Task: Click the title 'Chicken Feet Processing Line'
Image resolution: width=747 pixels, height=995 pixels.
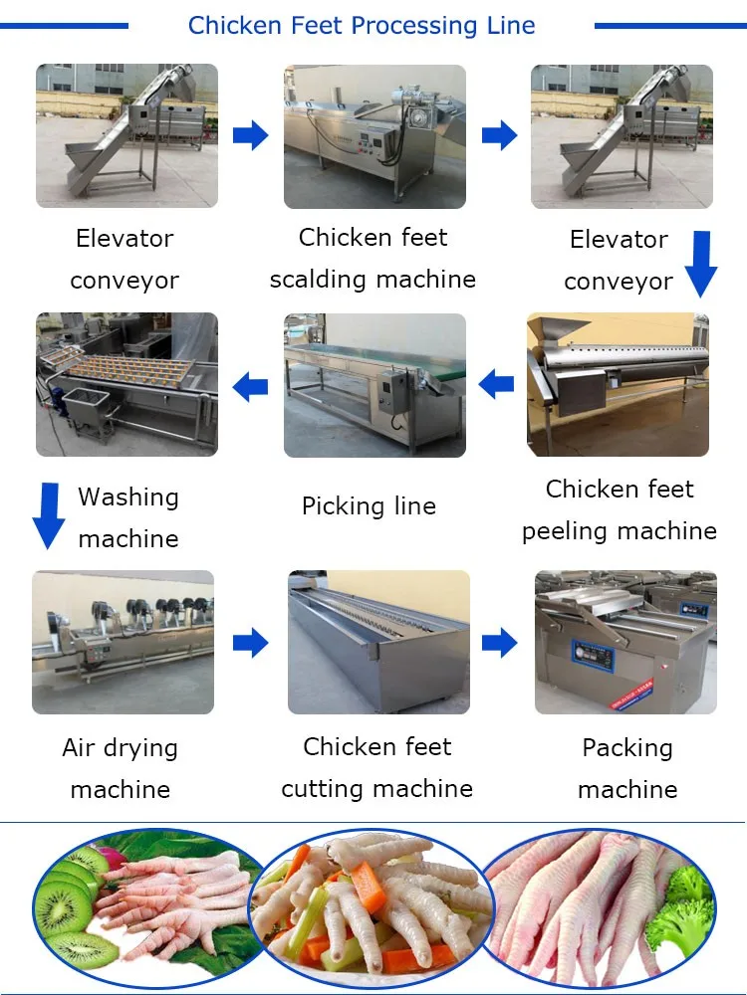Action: pyautogui.click(x=362, y=26)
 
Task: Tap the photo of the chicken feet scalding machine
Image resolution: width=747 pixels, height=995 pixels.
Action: pyautogui.click(x=374, y=136)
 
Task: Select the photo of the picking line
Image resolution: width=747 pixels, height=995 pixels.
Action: pyautogui.click(x=374, y=385)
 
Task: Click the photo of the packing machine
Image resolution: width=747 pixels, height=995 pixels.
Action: pyautogui.click(x=625, y=642)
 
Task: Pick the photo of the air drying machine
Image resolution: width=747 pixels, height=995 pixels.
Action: pyautogui.click(x=123, y=642)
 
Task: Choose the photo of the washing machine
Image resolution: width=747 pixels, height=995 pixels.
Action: pyautogui.click(x=126, y=385)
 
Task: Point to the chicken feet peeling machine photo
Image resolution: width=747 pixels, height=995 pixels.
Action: pyautogui.click(x=618, y=385)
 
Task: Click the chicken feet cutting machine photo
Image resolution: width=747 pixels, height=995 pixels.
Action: pyautogui.click(x=378, y=642)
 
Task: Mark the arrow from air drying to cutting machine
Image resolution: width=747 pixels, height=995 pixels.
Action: pyautogui.click(x=251, y=643)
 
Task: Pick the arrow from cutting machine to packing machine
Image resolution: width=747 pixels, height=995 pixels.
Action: pyautogui.click(x=500, y=643)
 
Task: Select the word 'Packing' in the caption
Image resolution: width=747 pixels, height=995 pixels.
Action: pyautogui.click(x=627, y=747)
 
